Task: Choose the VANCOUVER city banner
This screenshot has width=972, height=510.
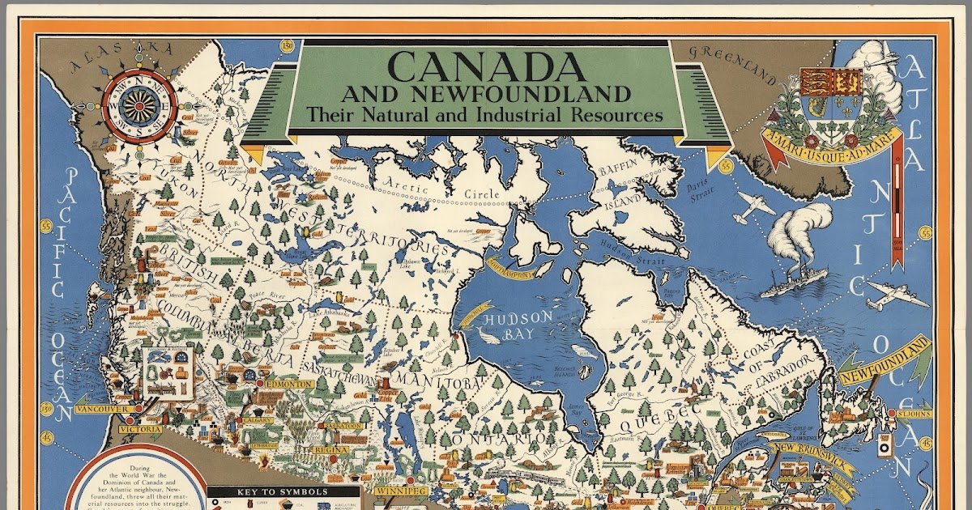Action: [103, 410]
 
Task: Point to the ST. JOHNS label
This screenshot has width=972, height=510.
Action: [912, 414]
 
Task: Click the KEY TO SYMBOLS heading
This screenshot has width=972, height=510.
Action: [271, 491]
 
